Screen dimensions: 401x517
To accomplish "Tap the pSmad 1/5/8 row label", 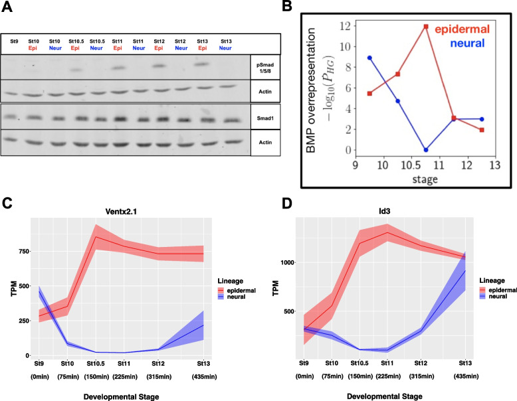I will click(x=265, y=68).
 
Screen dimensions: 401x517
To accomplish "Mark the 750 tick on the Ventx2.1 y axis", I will click(x=25, y=252).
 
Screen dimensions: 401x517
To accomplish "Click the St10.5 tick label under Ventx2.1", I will click(x=96, y=364).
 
